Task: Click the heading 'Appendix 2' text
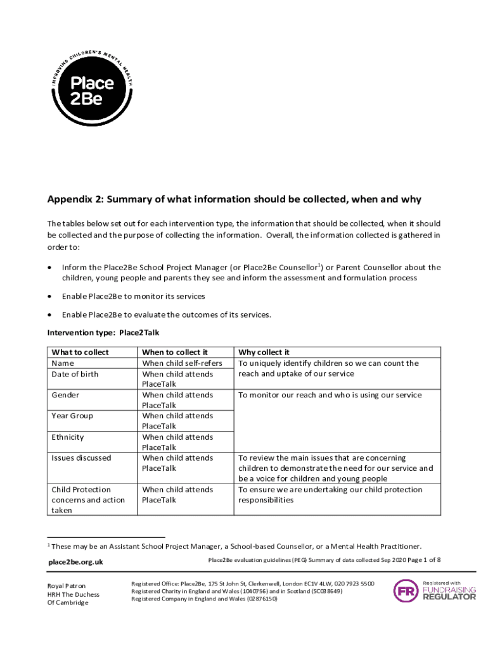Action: point(234,199)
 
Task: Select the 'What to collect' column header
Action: point(80,352)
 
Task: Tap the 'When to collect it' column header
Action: point(175,352)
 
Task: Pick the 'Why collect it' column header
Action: point(264,352)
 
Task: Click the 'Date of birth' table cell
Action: point(75,374)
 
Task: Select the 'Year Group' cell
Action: point(72,416)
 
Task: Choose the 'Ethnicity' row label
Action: point(68,437)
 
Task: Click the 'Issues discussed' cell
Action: point(81,458)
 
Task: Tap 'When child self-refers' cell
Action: point(182,363)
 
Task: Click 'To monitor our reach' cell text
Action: point(330,395)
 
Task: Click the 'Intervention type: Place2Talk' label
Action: point(103,333)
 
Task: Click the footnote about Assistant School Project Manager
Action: point(236,546)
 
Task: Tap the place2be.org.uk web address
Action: point(76,562)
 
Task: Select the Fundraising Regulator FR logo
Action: point(406,590)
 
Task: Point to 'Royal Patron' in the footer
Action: point(67,586)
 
